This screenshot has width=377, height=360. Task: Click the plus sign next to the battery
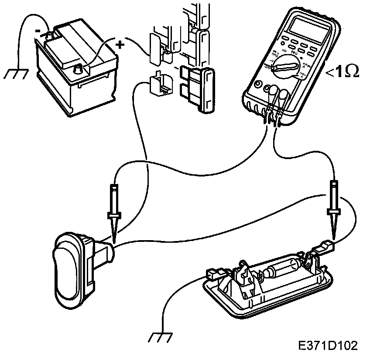click(120, 44)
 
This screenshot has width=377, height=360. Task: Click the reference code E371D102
click(328, 346)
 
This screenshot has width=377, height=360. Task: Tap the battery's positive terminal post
click(80, 68)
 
